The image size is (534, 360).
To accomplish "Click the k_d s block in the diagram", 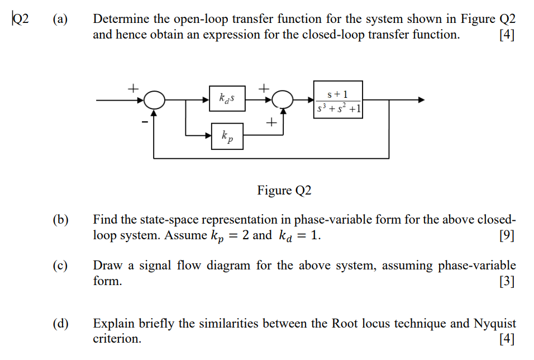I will click(x=227, y=100).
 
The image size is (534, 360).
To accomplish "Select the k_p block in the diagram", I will click(x=227, y=136).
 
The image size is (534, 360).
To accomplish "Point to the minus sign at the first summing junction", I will click(x=144, y=121).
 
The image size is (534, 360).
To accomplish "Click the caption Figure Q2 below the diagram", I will click(x=284, y=191).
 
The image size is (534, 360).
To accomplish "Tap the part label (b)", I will click(x=60, y=220).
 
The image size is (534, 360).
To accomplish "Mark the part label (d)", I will click(x=60, y=324).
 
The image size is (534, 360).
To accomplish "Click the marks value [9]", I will click(x=507, y=235).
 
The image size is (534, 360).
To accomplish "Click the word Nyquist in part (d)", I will click(x=495, y=324).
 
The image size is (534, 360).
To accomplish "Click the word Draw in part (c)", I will click(x=107, y=266).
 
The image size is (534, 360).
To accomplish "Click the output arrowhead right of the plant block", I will click(x=421, y=100).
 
